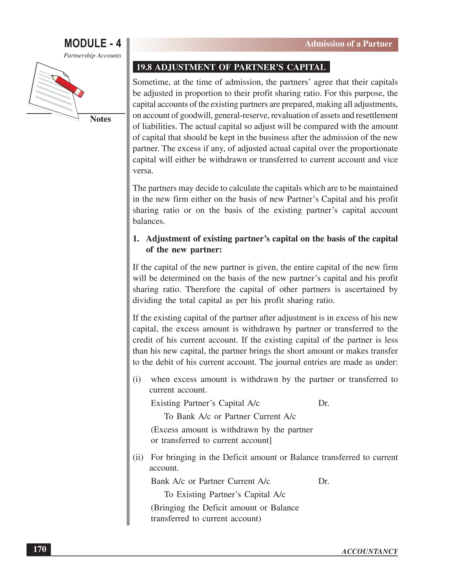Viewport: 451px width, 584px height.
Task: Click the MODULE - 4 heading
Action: click(92, 43)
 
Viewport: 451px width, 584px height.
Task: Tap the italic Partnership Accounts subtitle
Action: click(92, 55)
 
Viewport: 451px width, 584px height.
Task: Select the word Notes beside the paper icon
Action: click(100, 119)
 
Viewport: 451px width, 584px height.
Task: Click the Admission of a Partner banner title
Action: click(348, 44)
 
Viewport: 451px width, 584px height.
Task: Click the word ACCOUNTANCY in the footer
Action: click(370, 551)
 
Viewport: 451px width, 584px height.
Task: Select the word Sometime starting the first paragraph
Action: click(151, 82)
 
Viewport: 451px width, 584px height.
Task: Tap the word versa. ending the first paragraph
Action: click(143, 171)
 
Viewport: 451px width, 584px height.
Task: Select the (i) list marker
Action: click(137, 379)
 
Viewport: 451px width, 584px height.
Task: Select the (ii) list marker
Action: click(138, 457)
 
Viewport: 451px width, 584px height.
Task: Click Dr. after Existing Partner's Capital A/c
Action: click(323, 403)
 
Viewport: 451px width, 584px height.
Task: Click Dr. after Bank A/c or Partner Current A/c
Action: click(323, 481)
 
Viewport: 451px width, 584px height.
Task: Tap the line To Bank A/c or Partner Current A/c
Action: click(230, 416)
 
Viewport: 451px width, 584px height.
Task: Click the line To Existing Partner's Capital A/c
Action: click(224, 495)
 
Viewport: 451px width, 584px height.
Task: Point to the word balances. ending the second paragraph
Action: click(149, 221)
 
